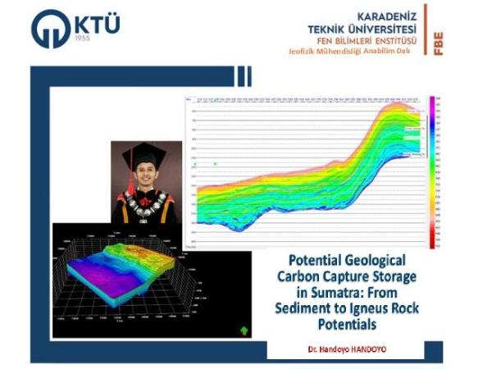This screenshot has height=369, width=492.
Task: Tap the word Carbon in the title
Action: (x=307, y=272)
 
